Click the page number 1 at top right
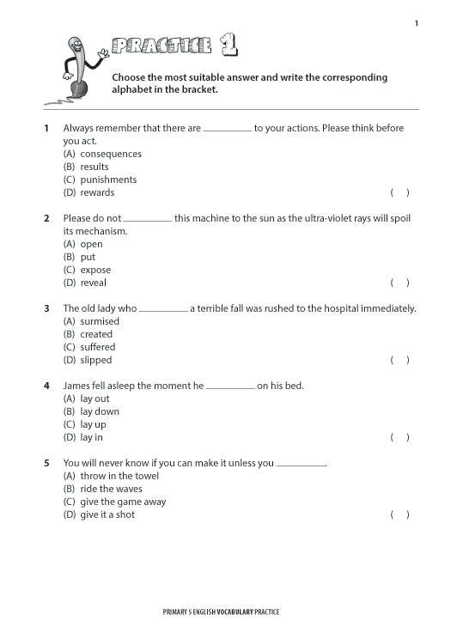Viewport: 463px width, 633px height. [x=417, y=23]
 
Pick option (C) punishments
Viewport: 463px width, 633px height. [x=100, y=180]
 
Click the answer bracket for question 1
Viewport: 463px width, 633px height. [x=399, y=193]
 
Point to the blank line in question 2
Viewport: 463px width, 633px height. [x=148, y=220]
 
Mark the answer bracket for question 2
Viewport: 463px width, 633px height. [x=399, y=283]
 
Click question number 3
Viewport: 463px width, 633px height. [x=46, y=308]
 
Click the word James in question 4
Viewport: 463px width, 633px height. [x=76, y=386]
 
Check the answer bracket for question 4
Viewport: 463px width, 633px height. [x=399, y=438]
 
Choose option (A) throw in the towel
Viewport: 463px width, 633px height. [x=111, y=477]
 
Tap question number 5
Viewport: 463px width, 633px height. [x=46, y=464]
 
